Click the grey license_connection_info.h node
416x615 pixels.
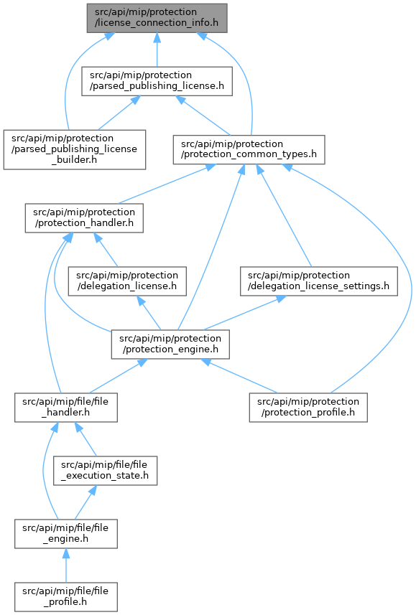[157, 18]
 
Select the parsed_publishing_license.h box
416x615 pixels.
[157, 81]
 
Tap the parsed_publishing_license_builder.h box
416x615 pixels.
[75, 150]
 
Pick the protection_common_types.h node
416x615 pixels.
[249, 150]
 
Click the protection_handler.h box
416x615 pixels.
[84, 218]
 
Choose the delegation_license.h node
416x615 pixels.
[127, 281]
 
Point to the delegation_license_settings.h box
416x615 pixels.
[318, 281]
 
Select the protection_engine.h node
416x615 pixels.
[170, 344]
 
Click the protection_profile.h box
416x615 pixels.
[308, 408]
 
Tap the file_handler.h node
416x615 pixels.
[66, 408]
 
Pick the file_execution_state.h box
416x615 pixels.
[106, 471]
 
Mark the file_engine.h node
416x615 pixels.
[66, 534]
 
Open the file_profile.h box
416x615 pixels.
[66, 597]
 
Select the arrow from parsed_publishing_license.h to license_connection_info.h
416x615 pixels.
[157, 50]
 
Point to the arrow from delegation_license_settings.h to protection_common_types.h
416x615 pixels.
[284, 215]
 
